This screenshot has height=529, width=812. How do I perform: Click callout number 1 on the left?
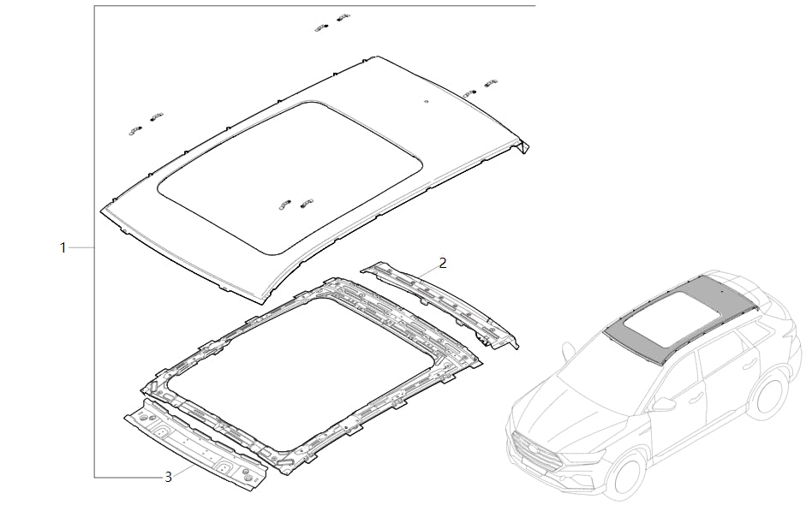63,247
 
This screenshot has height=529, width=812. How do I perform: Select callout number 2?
443,262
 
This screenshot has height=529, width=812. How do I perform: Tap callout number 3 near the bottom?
168,477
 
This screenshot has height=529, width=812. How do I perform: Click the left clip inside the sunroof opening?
284,204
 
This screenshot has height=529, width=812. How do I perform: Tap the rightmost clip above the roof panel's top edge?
343,17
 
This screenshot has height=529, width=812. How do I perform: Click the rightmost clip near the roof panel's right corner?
491,83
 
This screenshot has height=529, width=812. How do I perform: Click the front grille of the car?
535,450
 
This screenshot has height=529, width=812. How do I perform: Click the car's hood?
557,402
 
